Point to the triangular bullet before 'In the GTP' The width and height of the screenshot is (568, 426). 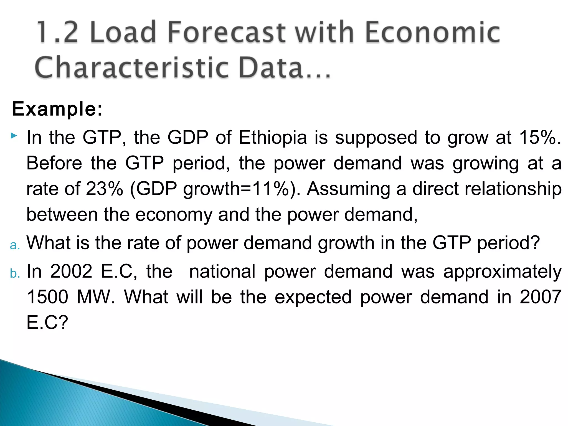(x=14, y=136)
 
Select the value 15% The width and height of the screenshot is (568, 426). (x=539, y=138)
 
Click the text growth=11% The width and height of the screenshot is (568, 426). (x=236, y=189)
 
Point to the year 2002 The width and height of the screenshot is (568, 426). (x=71, y=271)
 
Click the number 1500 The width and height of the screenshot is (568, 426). (x=47, y=297)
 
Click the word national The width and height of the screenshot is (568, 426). (x=222, y=271)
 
